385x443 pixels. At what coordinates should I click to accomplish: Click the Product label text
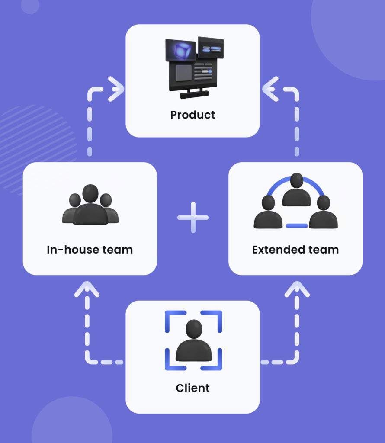(x=192, y=115)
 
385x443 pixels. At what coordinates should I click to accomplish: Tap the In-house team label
(x=90, y=250)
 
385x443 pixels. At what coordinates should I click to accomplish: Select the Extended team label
(x=295, y=250)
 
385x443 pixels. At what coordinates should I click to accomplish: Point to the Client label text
(x=192, y=388)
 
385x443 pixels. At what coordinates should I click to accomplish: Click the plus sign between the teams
(x=193, y=217)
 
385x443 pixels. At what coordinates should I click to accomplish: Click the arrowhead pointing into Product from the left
(x=115, y=89)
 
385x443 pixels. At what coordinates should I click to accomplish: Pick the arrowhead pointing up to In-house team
(x=87, y=289)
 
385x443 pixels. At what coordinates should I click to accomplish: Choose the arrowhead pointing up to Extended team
(x=297, y=289)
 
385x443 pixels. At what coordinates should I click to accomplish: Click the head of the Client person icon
(x=194, y=329)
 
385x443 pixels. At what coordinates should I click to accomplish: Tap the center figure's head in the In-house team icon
(x=90, y=193)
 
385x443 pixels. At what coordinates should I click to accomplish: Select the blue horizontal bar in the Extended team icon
(x=297, y=226)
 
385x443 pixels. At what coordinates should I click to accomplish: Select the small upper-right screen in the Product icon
(x=211, y=48)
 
